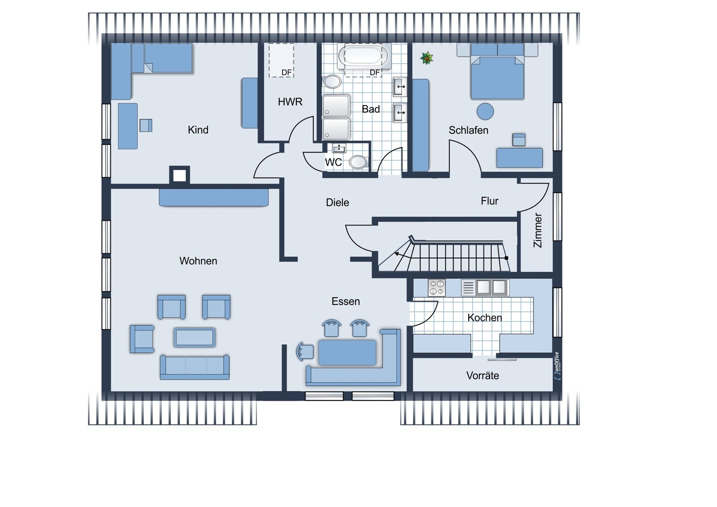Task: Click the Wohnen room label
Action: click(x=198, y=261)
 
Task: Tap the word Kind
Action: click(x=198, y=130)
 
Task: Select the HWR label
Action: click(x=290, y=102)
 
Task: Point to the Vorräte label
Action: click(x=483, y=376)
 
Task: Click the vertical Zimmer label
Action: click(x=538, y=230)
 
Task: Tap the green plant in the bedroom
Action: click(x=427, y=58)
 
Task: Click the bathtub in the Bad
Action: click(x=363, y=56)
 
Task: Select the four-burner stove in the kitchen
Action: click(x=437, y=288)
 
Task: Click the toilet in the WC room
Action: click(x=358, y=162)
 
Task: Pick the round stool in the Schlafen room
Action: click(x=485, y=112)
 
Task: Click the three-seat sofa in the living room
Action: click(x=195, y=367)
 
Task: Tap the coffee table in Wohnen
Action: click(x=195, y=337)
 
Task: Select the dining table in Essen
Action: click(x=347, y=353)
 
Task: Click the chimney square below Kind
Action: click(x=179, y=175)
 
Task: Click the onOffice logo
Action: click(x=557, y=366)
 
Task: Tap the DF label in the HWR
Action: click(x=286, y=73)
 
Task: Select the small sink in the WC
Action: click(x=339, y=148)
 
